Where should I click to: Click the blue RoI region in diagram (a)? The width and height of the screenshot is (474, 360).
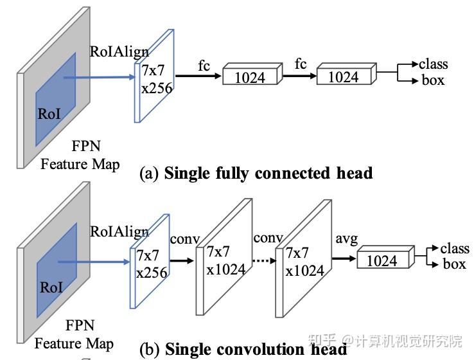point(56,99)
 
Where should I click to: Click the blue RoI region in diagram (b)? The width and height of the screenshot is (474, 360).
point(57,270)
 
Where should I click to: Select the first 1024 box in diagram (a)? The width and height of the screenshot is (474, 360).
point(252,74)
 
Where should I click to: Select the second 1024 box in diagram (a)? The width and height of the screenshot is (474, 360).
point(346,73)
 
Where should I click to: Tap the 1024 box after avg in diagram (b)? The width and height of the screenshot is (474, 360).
point(385,257)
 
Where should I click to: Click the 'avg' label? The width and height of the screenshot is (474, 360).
point(347,239)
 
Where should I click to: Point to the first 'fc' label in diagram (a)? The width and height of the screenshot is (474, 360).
point(204,66)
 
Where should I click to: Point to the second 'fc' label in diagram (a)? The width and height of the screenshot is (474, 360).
point(301,64)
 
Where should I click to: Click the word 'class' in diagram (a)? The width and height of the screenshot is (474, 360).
point(433,64)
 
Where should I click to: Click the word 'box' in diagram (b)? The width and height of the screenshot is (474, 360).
point(454,264)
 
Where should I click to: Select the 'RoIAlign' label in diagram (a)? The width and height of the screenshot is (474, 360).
point(119,51)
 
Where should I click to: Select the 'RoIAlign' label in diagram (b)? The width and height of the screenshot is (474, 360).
point(119,232)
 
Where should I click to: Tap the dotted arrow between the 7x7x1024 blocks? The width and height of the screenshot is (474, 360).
point(265,260)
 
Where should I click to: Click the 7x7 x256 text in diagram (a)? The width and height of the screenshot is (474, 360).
point(157,79)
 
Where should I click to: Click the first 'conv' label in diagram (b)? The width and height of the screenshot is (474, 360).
point(185,239)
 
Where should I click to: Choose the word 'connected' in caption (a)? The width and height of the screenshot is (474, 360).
point(293,173)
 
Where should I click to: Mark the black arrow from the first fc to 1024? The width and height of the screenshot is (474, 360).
point(198,76)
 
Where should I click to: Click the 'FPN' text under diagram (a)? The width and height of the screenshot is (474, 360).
point(86,146)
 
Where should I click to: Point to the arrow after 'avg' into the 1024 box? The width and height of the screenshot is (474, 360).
point(344,258)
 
